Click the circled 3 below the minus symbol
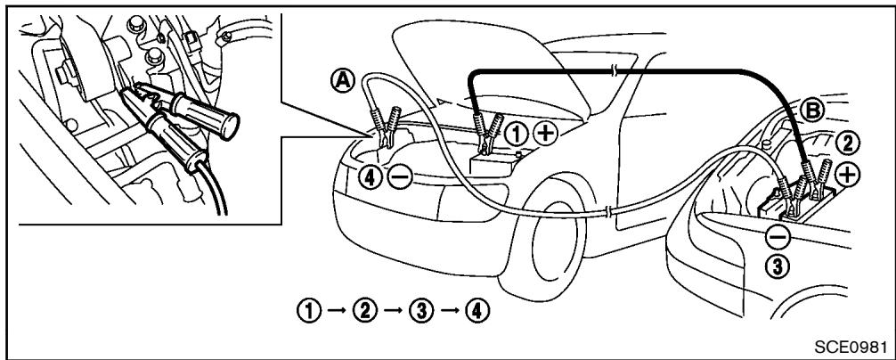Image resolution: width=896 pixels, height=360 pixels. coord(777,266)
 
